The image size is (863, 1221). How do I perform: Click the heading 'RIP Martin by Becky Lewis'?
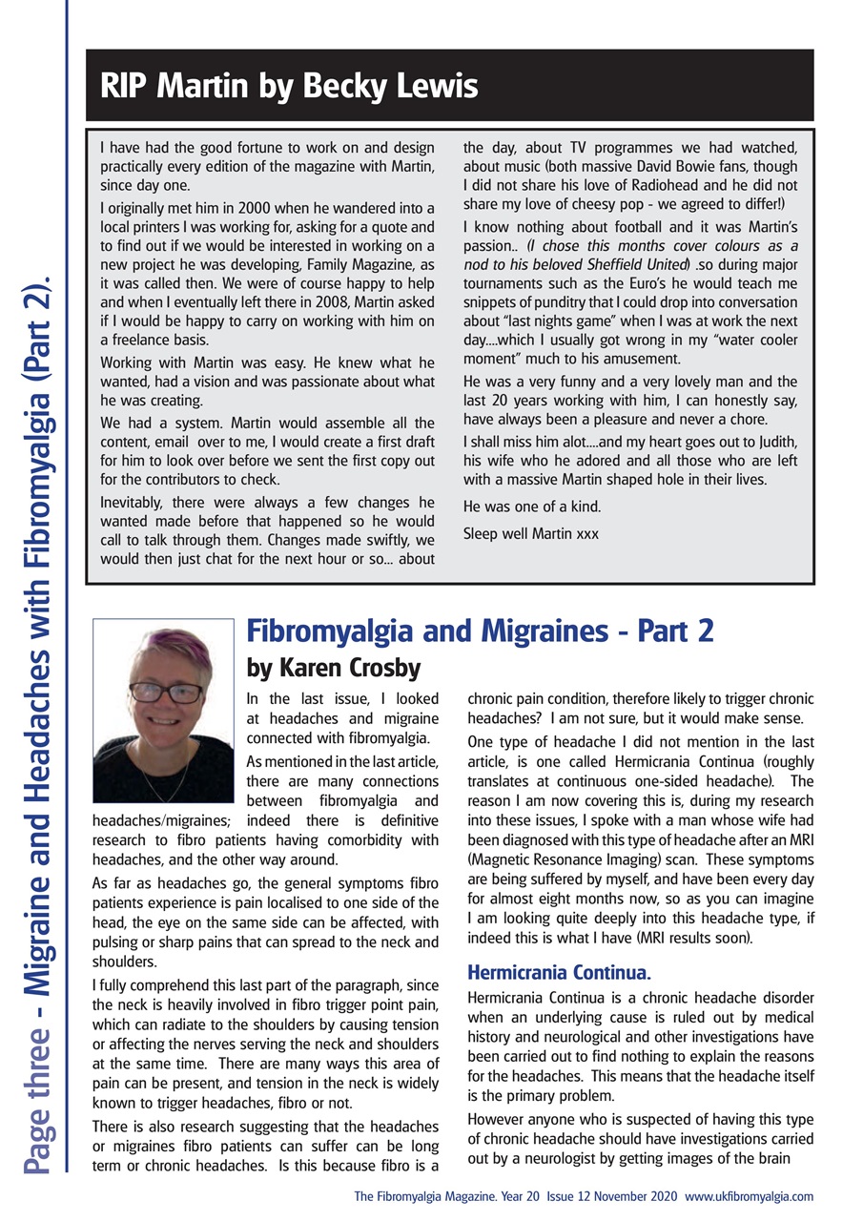click(288, 87)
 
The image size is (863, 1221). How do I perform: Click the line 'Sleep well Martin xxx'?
click(531, 533)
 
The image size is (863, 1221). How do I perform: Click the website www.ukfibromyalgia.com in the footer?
click(749, 1195)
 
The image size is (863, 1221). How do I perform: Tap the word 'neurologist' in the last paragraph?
click(557, 1157)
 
